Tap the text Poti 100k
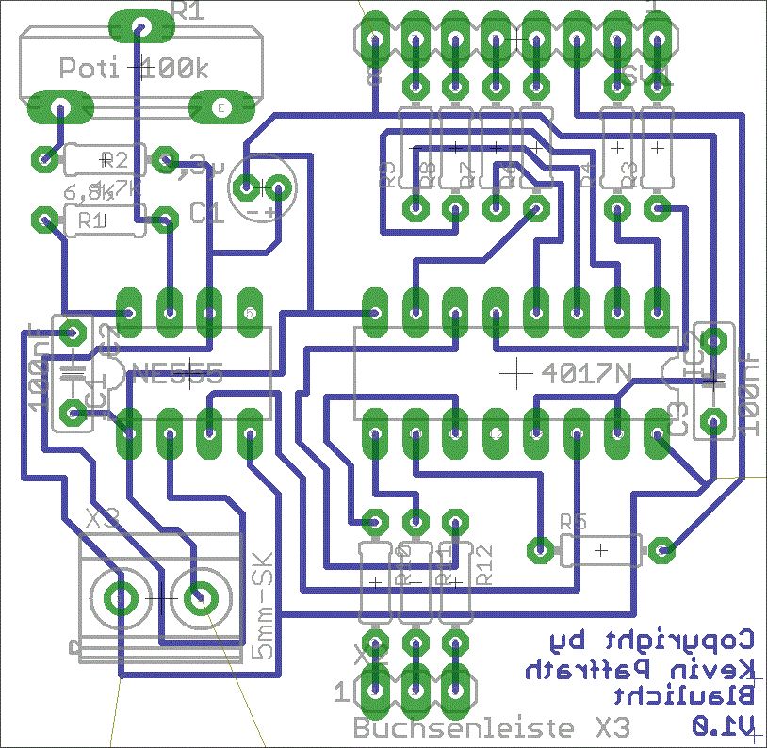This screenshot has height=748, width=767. tap(132, 68)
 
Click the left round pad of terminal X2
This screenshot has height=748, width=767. tap(121, 595)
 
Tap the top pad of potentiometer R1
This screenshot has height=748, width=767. tap(142, 26)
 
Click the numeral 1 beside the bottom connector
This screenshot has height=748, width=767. tap(340, 693)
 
